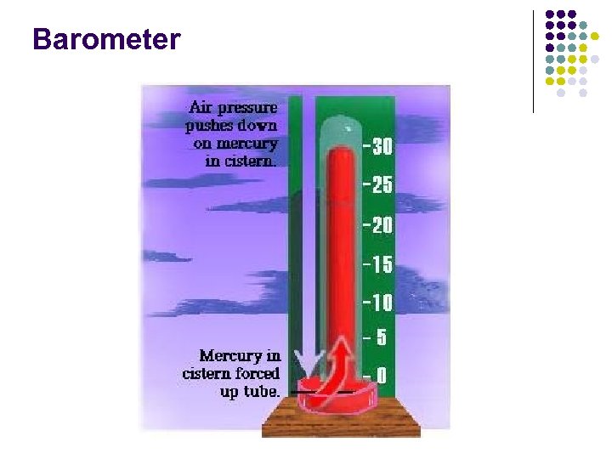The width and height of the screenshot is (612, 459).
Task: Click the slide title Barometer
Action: (106, 39)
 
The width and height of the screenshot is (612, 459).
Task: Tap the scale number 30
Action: (382, 147)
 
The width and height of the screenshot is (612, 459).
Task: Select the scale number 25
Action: (382, 185)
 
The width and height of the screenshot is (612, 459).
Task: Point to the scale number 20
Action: (382, 225)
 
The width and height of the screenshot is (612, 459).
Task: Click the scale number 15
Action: (382, 264)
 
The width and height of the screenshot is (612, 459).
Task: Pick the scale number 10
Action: (382, 302)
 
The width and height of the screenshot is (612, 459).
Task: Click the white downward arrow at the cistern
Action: (303, 365)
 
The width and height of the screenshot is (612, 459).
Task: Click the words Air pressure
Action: (232, 108)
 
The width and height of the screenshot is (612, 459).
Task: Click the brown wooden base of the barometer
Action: (341, 422)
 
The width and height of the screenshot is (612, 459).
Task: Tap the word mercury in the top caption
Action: (248, 144)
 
